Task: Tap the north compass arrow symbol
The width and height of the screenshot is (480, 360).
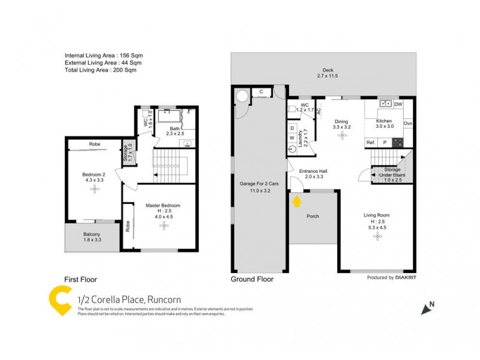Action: pos(427,308)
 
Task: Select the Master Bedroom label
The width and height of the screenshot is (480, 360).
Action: pos(163,205)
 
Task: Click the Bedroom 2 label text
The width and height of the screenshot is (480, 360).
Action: pos(93,175)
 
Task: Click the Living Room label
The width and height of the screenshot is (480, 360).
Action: pos(377,215)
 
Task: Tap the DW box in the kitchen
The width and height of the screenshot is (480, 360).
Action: pos(398,104)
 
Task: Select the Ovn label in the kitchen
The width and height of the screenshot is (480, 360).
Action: pos(408,124)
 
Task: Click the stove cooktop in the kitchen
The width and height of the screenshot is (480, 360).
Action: pos(397,142)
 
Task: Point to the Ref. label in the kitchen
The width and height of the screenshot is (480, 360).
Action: pos(371,142)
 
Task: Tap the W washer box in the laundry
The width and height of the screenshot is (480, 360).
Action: pos(292,138)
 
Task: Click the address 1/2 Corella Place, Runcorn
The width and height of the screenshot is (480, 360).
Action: pos(129,299)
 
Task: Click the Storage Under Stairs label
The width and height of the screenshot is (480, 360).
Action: pos(392,173)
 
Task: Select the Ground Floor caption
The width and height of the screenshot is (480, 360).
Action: pos(252,279)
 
